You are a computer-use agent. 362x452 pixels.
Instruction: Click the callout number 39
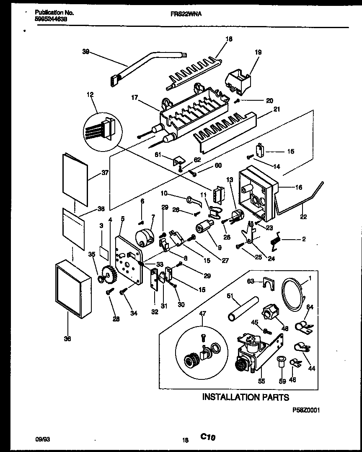pos(85,51)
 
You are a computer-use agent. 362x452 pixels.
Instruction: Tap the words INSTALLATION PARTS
pos(245,397)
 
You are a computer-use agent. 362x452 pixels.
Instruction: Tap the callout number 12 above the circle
pos(90,94)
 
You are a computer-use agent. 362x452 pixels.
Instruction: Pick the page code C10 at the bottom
pos(207,437)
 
